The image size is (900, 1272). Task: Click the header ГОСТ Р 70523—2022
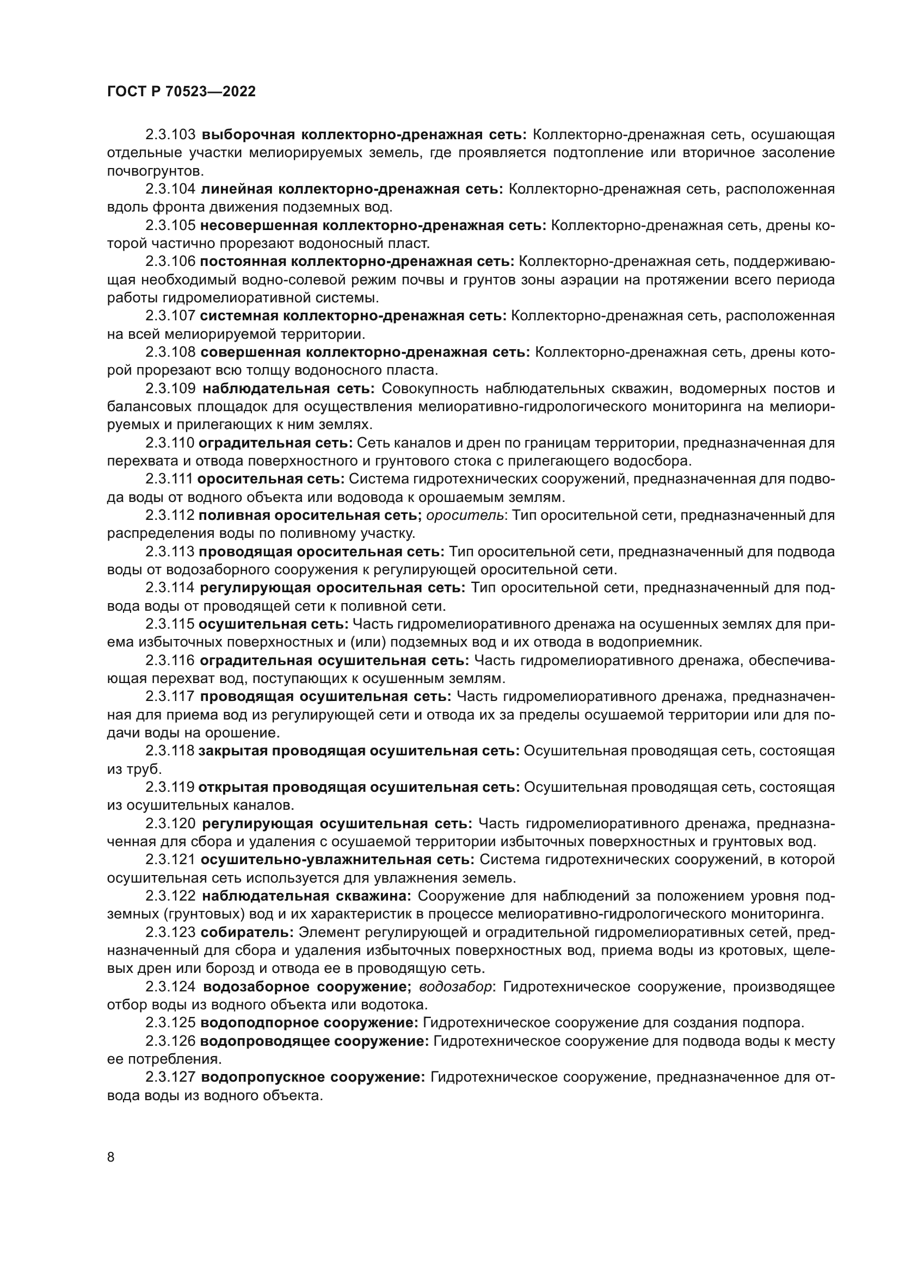tap(181, 92)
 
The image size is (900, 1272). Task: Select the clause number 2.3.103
tap(170, 135)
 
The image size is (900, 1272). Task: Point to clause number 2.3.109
tap(170, 388)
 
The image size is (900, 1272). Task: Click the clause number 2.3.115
tap(170, 624)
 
